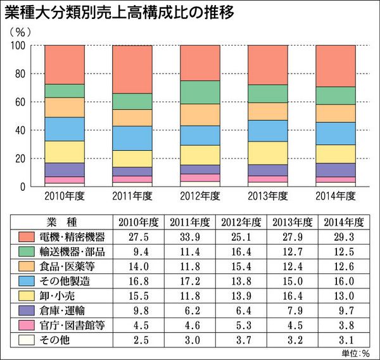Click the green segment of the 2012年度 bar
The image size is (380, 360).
point(199,92)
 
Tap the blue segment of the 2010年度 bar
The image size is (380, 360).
point(65,129)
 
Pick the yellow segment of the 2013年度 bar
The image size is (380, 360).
point(267,153)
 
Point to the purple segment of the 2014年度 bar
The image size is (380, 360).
point(335,169)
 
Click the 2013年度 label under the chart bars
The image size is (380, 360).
point(267,195)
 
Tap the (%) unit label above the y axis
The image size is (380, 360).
point(18,31)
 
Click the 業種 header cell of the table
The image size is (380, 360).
point(61,222)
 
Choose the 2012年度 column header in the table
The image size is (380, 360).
point(241,222)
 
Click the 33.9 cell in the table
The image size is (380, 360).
point(189,237)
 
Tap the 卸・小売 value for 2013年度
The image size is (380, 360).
point(291,295)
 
